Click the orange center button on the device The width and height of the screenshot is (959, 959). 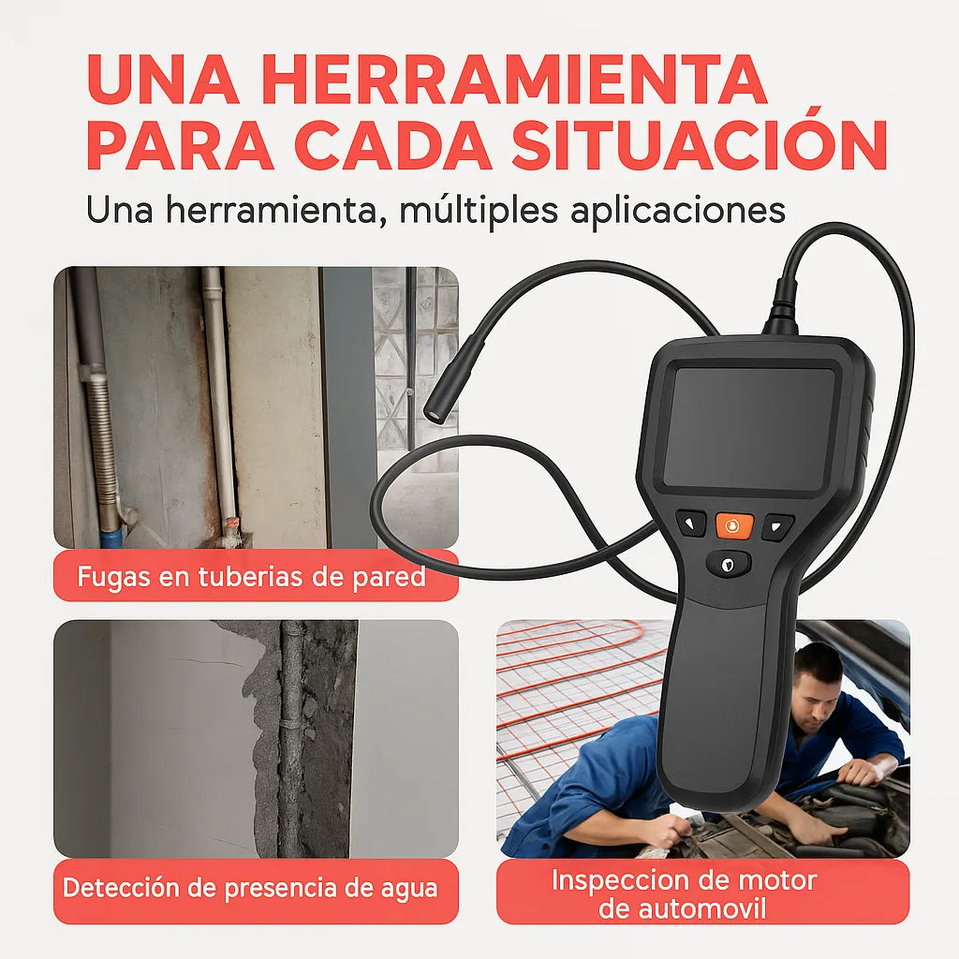733,525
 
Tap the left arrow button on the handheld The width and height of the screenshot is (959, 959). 691,524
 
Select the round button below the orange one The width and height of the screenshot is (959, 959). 728,562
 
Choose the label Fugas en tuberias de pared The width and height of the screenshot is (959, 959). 253,576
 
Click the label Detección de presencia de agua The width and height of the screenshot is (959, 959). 251,887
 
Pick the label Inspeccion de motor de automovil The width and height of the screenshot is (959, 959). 684,893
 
